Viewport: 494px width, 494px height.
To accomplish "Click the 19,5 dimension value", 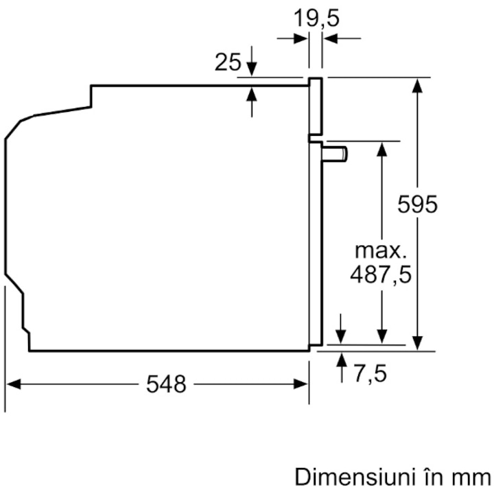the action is point(316,19).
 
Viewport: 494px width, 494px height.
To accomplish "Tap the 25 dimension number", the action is point(228,62).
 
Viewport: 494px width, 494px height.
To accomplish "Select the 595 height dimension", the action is point(417,204).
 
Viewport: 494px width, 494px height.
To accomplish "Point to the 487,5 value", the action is point(381,274).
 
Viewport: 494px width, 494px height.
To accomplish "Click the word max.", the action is point(381,251).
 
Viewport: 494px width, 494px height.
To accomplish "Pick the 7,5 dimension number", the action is point(370,373).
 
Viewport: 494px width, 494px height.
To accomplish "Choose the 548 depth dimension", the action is point(166,384).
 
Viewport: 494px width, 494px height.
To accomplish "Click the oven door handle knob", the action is point(335,154).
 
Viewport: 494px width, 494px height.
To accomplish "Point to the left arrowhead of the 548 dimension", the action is point(14,384).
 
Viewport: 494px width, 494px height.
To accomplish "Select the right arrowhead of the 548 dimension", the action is point(301,384).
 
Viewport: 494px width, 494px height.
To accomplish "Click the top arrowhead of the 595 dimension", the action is point(417,85).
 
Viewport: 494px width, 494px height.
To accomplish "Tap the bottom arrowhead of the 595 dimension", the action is point(417,343).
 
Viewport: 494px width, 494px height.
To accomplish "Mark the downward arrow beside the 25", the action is point(251,61).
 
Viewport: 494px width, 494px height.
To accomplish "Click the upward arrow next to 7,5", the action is point(342,368).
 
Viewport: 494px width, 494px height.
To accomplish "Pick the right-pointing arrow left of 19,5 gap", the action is point(292,38).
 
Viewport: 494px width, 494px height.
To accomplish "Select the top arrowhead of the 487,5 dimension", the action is point(382,150).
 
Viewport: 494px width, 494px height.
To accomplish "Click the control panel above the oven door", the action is point(316,106).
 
